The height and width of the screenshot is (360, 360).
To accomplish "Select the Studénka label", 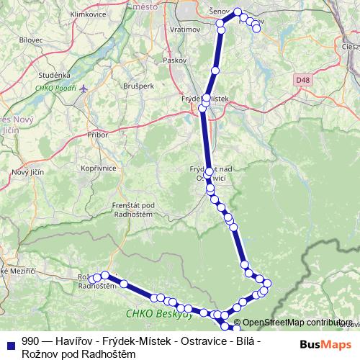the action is point(55,74).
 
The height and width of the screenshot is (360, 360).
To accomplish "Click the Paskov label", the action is point(175,60).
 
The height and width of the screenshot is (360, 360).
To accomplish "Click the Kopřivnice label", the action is point(99,168).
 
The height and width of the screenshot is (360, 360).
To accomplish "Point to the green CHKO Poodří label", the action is point(55,89).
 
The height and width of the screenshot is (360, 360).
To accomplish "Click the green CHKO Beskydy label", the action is point(158,313).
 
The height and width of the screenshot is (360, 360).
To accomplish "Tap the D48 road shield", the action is point(303,78).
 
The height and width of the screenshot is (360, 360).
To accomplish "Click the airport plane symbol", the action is point(84,88).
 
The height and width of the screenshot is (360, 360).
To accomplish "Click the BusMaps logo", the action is point(323,344).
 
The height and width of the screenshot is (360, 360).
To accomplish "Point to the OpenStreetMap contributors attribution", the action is point(297,323).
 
